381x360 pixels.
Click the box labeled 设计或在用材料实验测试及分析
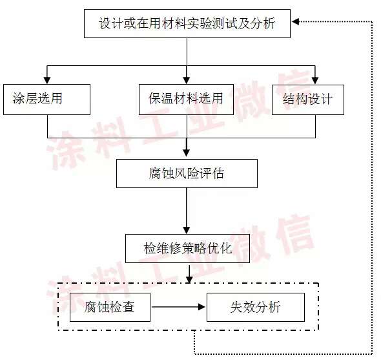point(187,24)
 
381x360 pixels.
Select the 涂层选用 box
point(46,100)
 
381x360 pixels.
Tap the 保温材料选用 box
point(186,100)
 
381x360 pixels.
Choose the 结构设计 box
point(308,100)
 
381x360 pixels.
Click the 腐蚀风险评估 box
point(187,173)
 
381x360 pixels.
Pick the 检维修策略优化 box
point(187,248)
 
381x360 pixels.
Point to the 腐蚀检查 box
point(110,307)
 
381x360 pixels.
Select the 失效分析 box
point(256,307)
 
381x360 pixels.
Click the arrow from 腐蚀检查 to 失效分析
point(178,307)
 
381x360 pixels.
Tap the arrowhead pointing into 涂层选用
point(47,80)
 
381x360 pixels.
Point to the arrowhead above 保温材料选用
point(187,80)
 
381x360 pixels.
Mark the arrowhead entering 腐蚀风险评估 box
point(187,153)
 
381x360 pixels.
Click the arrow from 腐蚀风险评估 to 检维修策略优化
point(187,211)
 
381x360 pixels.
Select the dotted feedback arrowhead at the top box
point(295,21)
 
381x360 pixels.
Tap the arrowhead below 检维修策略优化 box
point(189,280)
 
